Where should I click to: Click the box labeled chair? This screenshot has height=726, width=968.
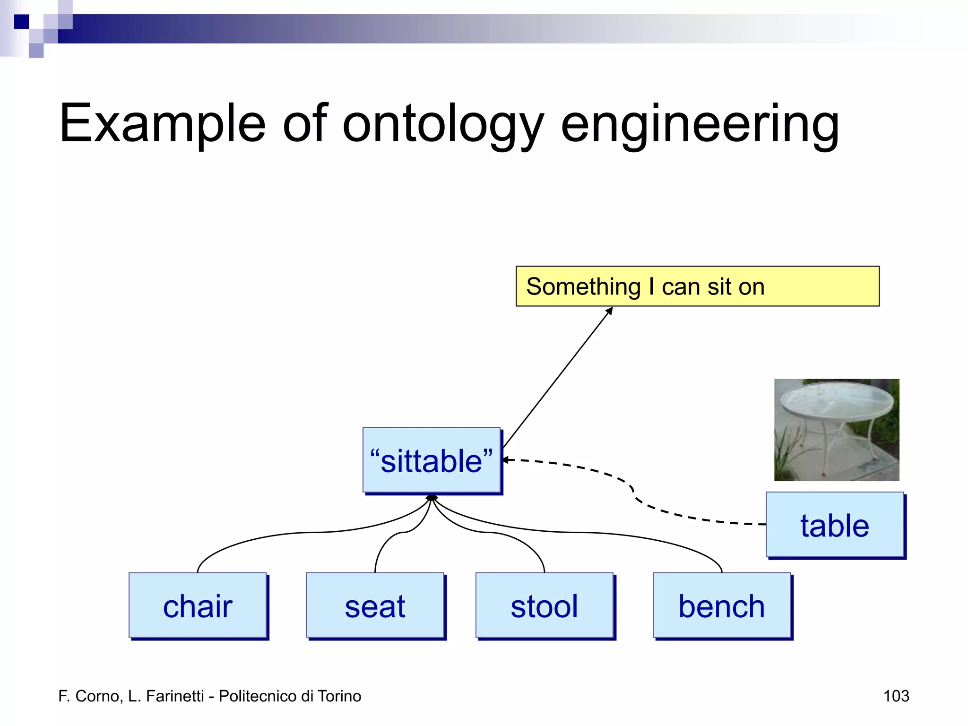(x=198, y=605)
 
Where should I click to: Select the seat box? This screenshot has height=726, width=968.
(x=375, y=605)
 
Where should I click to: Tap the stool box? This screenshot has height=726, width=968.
(x=544, y=605)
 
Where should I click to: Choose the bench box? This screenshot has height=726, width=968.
(x=722, y=605)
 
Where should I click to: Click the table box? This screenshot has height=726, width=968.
(x=835, y=525)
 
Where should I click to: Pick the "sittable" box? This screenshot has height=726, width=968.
(x=432, y=460)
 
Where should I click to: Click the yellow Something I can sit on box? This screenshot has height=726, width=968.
(x=697, y=286)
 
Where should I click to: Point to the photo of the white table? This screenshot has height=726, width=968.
(x=837, y=430)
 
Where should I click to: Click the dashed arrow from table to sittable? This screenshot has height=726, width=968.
(x=633, y=492)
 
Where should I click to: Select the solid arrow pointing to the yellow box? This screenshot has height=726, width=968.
(x=558, y=378)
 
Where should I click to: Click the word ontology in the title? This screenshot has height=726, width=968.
(x=443, y=124)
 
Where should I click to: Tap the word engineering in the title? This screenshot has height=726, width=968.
(x=700, y=124)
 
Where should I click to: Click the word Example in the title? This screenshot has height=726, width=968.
(x=162, y=124)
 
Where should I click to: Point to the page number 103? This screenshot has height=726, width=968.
(x=896, y=696)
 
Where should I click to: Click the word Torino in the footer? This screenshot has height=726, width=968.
(x=339, y=696)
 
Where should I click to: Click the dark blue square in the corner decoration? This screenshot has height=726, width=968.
(x=21, y=22)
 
